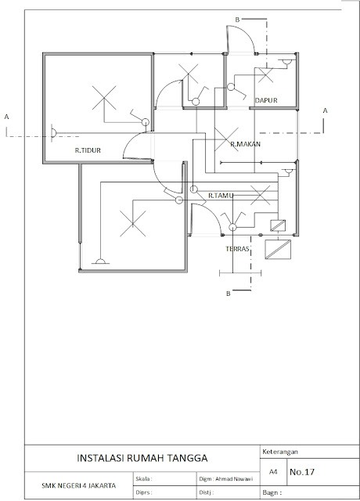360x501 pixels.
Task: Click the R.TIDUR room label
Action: pyautogui.click(x=88, y=150)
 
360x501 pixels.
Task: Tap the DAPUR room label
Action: pyautogui.click(x=266, y=100)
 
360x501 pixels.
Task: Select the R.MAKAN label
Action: pyautogui.click(x=245, y=144)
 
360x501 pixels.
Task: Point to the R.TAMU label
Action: pyautogui.click(x=221, y=196)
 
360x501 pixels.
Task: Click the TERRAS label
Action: pyautogui.click(x=237, y=249)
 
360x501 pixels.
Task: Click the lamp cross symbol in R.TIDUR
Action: pyautogui.click(x=104, y=98)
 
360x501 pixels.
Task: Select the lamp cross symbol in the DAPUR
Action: pyautogui.click(x=266, y=75)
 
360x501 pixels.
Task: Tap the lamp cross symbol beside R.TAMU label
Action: pyautogui.click(x=261, y=195)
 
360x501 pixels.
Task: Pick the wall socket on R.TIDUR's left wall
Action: pyautogui.click(x=53, y=133)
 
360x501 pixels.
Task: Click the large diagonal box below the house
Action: pyautogui.click(x=278, y=249)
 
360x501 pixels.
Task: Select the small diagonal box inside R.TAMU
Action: pyautogui.click(x=278, y=225)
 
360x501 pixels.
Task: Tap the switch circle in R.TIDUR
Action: pyautogui.click(x=146, y=122)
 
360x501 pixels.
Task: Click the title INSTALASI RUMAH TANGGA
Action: pyautogui.click(x=142, y=458)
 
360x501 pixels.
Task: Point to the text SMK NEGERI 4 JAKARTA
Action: pyautogui.click(x=78, y=485)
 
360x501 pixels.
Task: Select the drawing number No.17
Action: pyautogui.click(x=302, y=472)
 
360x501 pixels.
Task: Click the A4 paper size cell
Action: pyautogui.click(x=273, y=472)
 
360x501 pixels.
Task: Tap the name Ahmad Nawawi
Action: pyautogui.click(x=234, y=479)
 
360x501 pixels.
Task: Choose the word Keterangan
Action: pyautogui.click(x=280, y=452)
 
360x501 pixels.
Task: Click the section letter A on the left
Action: pyautogui.click(x=6, y=117)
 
